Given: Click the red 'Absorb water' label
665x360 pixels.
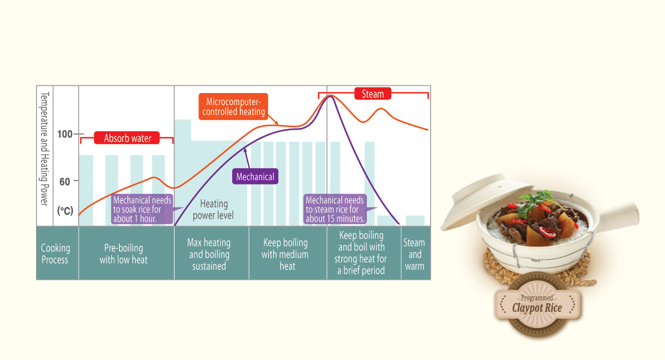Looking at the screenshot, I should click(x=127, y=138).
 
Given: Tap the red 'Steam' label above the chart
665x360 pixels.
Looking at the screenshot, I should click(x=372, y=94).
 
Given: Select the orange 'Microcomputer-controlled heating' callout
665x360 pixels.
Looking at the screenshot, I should click(x=233, y=107).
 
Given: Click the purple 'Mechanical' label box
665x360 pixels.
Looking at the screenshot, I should click(x=255, y=177).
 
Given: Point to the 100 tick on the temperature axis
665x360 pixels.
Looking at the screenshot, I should click(x=65, y=134).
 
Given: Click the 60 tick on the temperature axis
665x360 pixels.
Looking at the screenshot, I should click(x=65, y=181).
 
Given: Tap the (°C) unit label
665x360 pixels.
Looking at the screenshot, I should click(x=65, y=210).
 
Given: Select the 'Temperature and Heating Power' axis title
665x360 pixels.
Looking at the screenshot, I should click(x=45, y=148).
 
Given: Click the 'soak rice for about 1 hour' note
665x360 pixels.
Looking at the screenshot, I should click(x=142, y=209).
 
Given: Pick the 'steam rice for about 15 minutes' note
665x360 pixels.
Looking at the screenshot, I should click(x=335, y=209).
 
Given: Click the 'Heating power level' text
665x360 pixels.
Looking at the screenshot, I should click(x=213, y=209).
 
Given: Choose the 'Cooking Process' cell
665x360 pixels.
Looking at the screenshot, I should click(x=55, y=254).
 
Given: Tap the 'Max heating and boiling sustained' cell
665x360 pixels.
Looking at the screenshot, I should click(x=210, y=254).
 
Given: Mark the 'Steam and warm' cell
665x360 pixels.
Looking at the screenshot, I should click(x=415, y=254).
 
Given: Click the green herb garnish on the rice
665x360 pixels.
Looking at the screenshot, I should click(x=535, y=197).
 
